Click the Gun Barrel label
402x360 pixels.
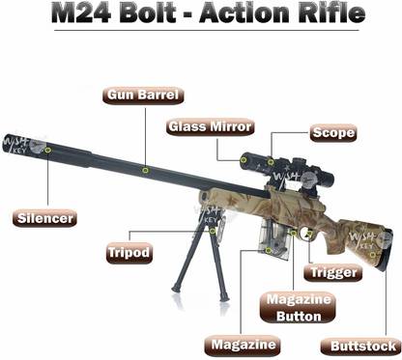pyautogui.click(x=145, y=96)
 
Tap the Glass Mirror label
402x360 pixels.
pyautogui.click(x=211, y=126)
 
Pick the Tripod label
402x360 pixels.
pyautogui.click(x=129, y=253)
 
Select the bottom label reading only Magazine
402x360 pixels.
pyautogui.click(x=243, y=344)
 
